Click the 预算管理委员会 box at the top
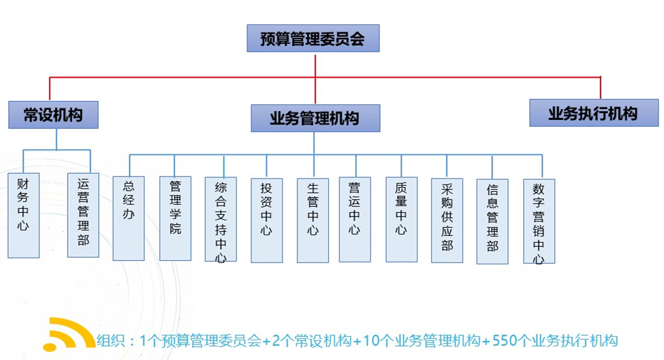point(313,39)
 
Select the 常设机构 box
point(54,115)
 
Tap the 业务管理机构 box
point(315,118)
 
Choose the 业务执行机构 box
point(594,113)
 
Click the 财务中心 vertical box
point(24,215)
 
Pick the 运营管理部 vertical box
point(83,215)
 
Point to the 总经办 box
point(129,218)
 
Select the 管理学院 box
point(175,218)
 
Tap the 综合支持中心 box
point(221,219)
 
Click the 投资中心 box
point(266,220)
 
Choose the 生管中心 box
point(312,220)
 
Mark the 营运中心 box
point(354,219)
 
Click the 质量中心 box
point(401,219)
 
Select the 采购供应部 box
point(447,220)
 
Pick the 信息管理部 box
point(493,221)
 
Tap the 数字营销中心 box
point(539,221)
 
